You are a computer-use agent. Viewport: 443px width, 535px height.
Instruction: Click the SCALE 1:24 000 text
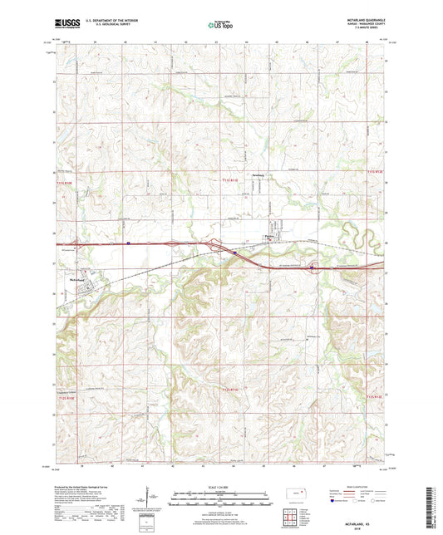219,487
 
